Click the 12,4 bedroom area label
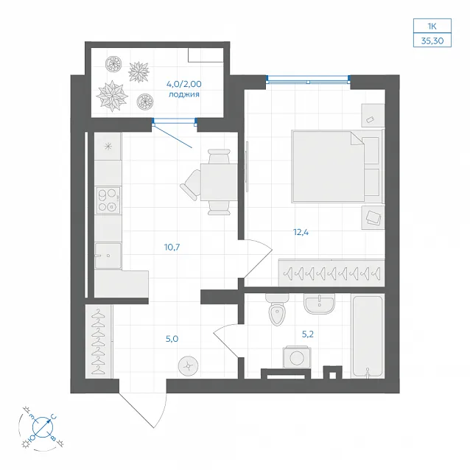click(301, 232)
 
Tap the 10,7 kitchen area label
click(172, 248)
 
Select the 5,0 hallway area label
click(172, 339)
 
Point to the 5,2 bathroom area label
click(307, 334)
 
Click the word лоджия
click(184, 95)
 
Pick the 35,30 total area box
click(432, 41)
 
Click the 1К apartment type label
click(432, 27)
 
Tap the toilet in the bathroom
click(277, 309)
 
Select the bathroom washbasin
click(319, 304)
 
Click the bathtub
click(368, 336)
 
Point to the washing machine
click(297, 357)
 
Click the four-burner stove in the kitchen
click(108, 200)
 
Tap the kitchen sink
click(108, 256)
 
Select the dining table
click(219, 182)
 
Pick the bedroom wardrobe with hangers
click(332, 273)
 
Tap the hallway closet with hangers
click(99, 341)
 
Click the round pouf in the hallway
click(189, 366)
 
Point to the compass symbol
click(43, 427)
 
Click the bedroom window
click(308, 79)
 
